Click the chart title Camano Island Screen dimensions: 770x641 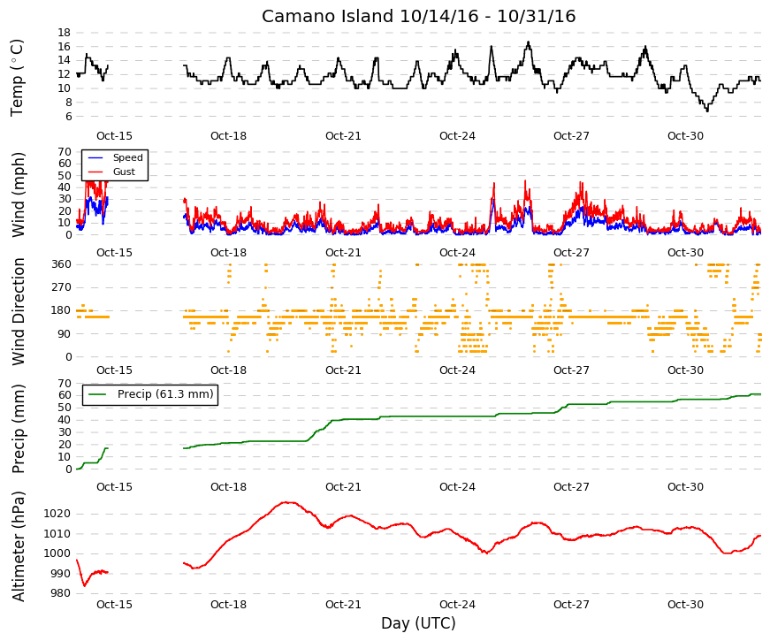point(328,16)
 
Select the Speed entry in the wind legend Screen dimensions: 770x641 point(127,157)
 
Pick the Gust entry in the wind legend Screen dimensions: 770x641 point(124,172)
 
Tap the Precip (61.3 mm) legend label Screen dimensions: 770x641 point(165,394)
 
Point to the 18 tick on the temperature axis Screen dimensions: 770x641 point(65,33)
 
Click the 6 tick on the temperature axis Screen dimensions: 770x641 point(68,117)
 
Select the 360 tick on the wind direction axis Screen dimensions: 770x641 point(61,264)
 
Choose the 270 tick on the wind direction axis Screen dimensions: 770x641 point(61,287)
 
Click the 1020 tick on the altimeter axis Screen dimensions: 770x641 point(57,514)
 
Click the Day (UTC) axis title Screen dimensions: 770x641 point(418,623)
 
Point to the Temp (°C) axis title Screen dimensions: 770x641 point(17,78)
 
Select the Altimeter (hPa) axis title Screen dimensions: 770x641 point(18,546)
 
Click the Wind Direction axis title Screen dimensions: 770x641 point(18,311)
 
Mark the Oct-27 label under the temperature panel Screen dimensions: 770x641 point(571,136)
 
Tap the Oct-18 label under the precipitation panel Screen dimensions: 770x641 point(228,487)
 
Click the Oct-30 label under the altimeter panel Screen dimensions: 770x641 point(685,605)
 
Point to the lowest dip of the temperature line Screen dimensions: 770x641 point(707,111)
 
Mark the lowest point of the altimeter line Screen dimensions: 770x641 point(85,586)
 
